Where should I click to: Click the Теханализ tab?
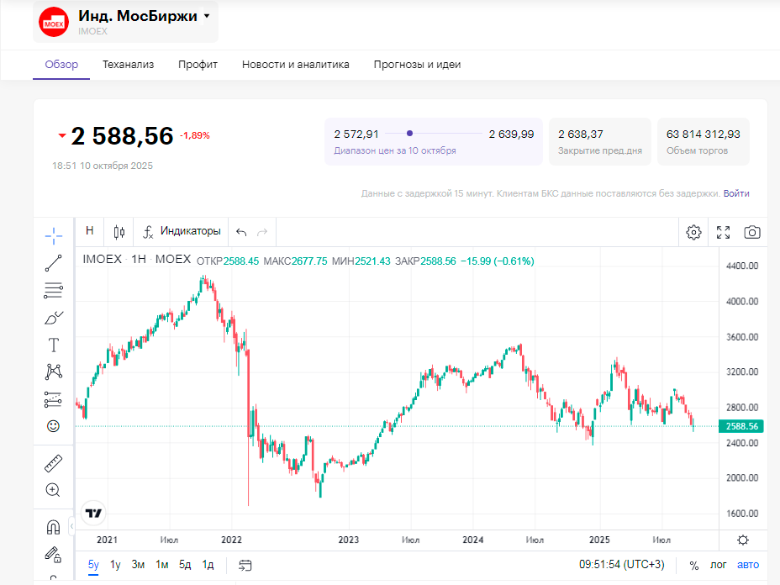(128, 65)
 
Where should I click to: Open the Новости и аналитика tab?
(295, 65)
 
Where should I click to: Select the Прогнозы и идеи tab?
(417, 65)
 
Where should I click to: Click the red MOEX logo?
(54, 22)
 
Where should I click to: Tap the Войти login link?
(736, 193)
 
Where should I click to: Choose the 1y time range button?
(116, 565)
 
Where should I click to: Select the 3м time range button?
(138, 565)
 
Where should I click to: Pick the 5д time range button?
(185, 565)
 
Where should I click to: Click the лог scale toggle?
(719, 565)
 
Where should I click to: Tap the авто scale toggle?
(747, 565)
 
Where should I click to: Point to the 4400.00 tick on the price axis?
(742, 266)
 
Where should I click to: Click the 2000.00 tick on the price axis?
(742, 478)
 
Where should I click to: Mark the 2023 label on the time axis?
(348, 540)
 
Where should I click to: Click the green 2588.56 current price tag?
(741, 426)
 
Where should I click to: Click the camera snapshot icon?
(752, 232)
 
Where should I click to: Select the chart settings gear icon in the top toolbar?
(693, 232)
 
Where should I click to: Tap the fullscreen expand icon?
(723, 232)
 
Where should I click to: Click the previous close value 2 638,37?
(581, 134)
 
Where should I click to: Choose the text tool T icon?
(54, 345)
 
